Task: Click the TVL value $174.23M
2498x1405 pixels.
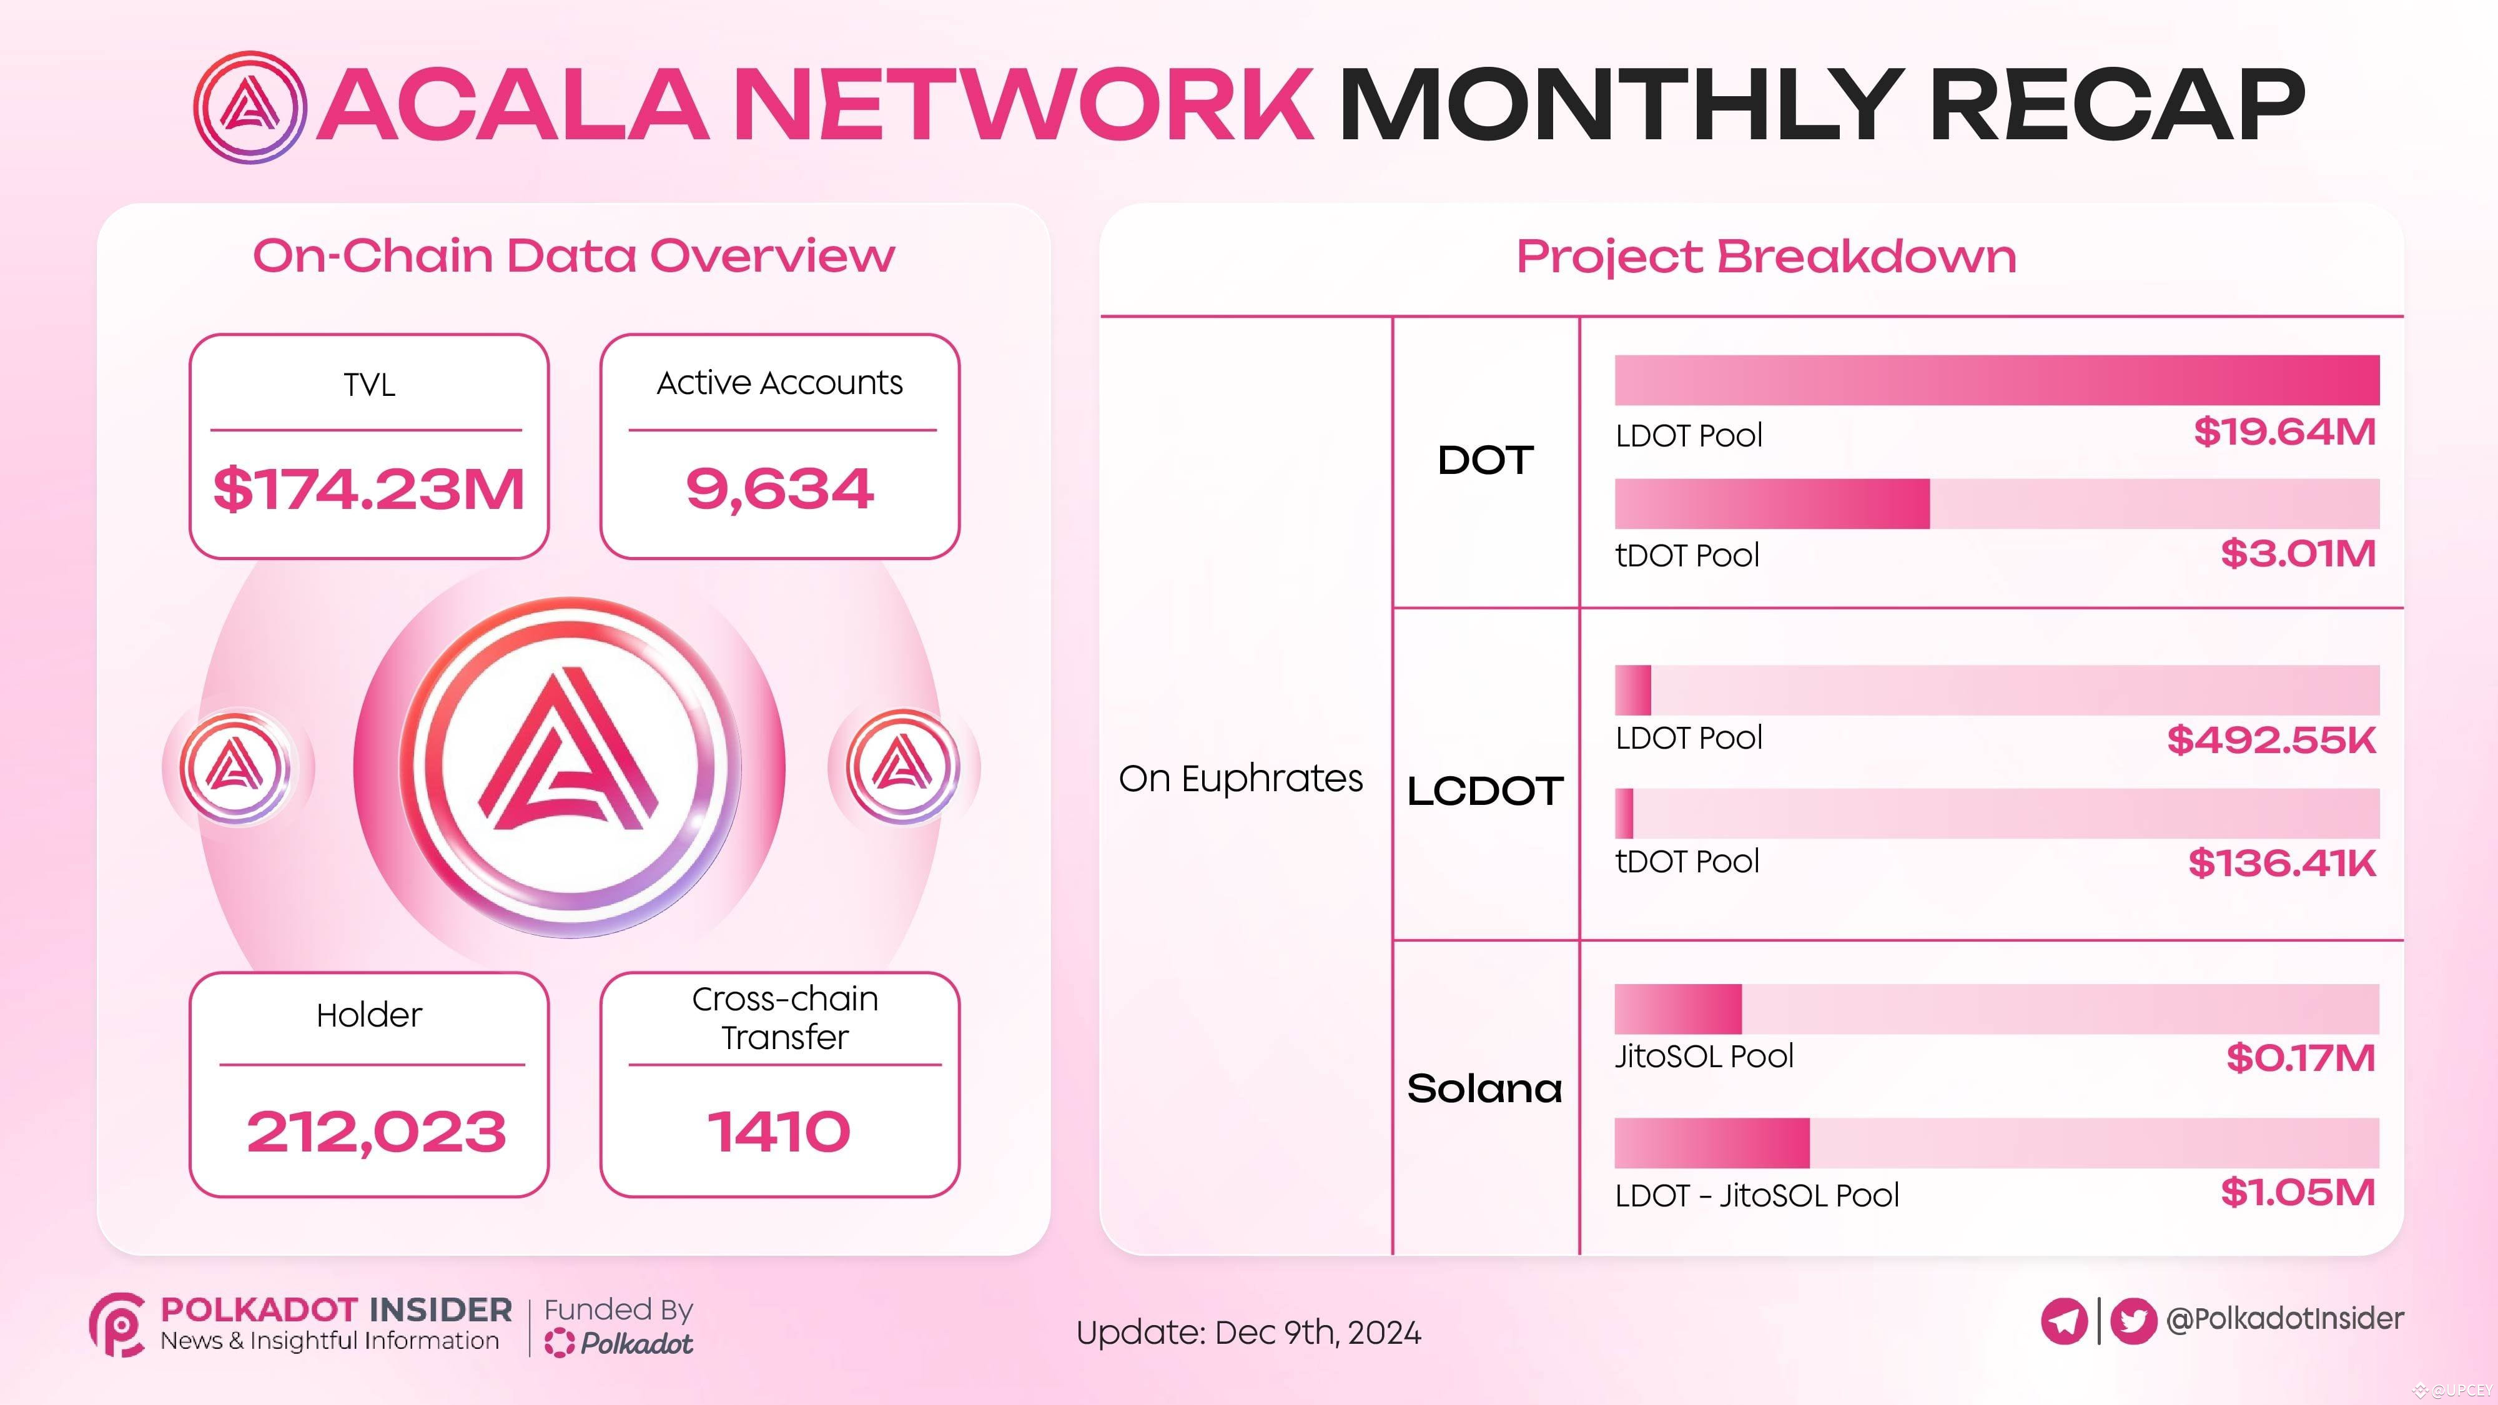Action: coord(368,489)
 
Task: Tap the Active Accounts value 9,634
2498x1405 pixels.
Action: coord(779,489)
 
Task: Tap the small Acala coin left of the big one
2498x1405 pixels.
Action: coord(235,768)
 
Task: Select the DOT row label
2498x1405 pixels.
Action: coord(1484,461)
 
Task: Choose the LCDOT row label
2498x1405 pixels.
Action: coord(1484,791)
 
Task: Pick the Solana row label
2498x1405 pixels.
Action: coord(1484,1089)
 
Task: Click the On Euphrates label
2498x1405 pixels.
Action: coord(1240,779)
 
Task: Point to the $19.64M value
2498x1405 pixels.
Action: coord(2284,433)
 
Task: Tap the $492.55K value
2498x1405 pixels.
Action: coord(2271,741)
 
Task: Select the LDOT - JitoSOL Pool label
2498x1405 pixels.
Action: coord(1756,1196)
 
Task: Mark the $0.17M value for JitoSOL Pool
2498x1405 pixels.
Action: coord(2300,1058)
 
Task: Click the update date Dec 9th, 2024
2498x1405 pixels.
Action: coord(1317,1333)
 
